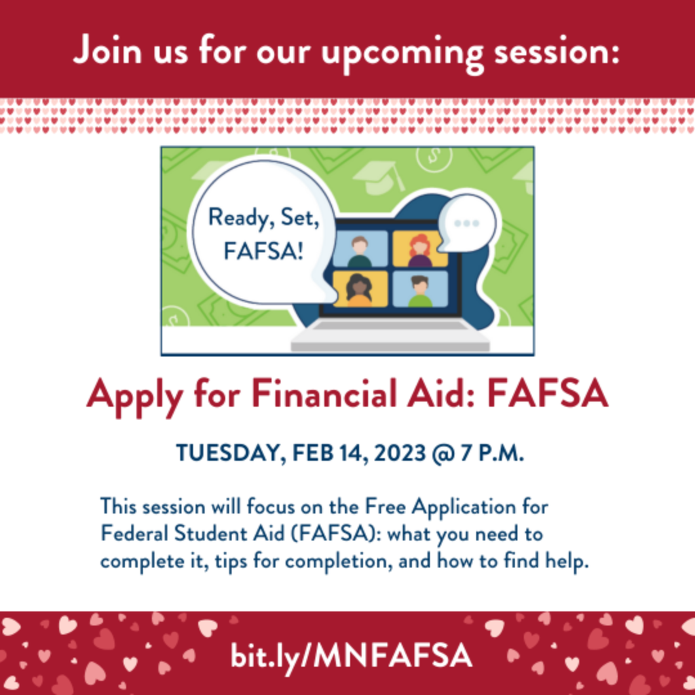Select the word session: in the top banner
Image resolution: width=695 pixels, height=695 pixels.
[557, 52]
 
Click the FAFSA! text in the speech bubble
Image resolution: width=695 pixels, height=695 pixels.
[264, 251]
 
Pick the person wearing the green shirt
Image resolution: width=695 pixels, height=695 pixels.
[419, 291]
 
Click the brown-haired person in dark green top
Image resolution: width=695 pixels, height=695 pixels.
[360, 251]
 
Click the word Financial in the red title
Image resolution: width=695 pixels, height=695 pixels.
[324, 394]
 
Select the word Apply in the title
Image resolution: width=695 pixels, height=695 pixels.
[134, 396]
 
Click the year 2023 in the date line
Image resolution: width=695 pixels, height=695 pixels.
[400, 453]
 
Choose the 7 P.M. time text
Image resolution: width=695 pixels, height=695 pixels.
[493, 453]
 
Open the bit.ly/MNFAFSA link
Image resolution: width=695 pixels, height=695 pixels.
[351, 656]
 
